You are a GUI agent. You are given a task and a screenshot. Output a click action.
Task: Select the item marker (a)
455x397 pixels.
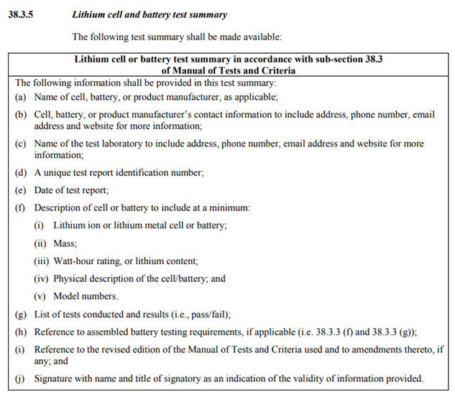(x=22, y=96)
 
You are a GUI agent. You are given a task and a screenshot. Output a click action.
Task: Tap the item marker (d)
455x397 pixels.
(x=22, y=174)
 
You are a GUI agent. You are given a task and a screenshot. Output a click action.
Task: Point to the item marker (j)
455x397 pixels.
(x=22, y=378)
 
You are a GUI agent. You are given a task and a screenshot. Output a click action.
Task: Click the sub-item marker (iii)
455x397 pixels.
(x=42, y=261)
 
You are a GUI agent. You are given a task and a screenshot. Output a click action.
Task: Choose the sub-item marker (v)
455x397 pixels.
(x=41, y=296)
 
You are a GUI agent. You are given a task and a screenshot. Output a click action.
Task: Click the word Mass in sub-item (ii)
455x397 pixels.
(x=65, y=243)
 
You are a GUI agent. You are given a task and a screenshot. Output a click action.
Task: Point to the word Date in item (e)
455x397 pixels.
(x=45, y=190)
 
